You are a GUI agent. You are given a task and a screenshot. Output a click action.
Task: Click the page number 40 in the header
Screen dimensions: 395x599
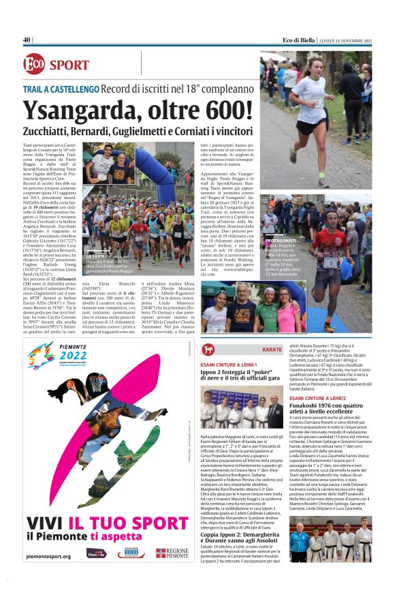pos(27,40)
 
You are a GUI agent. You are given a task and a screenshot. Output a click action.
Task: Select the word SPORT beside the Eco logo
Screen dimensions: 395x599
pos(69,66)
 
